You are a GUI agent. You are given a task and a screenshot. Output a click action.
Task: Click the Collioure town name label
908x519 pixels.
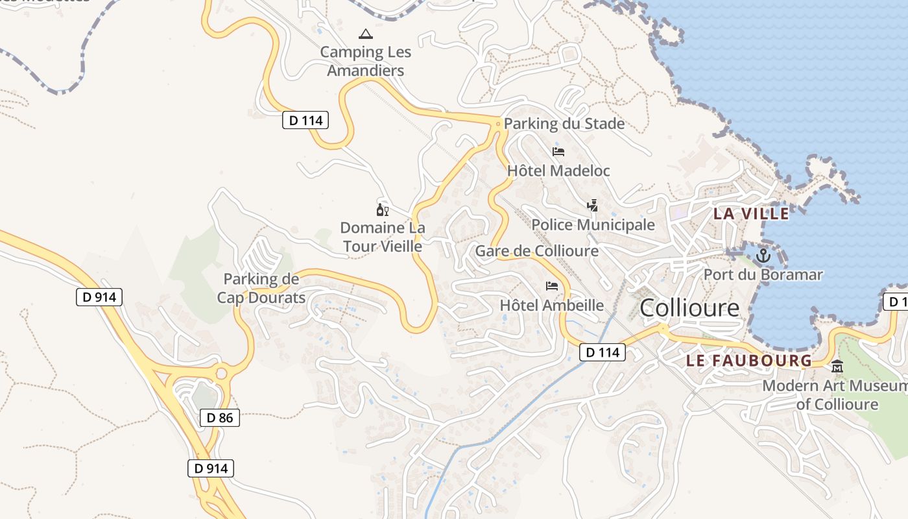(689, 308)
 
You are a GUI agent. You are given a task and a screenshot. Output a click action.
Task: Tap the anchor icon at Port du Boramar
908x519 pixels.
(763, 256)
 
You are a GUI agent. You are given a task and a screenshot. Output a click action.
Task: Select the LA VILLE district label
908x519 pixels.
(751, 213)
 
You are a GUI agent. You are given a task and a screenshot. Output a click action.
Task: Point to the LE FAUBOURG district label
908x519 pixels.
(749, 361)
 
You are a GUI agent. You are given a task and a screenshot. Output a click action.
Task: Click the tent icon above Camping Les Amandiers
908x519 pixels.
(366, 34)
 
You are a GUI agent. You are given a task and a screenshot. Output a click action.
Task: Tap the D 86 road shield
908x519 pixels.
(220, 418)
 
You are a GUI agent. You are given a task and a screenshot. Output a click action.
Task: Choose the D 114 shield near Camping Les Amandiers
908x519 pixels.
(305, 120)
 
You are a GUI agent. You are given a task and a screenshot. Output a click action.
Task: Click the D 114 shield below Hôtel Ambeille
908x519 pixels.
(602, 352)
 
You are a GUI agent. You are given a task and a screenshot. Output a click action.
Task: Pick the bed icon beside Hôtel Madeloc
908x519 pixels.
(558, 152)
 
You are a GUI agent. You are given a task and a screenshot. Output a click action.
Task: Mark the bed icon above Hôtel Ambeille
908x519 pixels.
(552, 285)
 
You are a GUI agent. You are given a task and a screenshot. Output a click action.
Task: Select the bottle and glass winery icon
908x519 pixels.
(383, 210)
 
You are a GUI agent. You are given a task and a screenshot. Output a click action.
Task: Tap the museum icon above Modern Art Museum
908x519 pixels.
(837, 367)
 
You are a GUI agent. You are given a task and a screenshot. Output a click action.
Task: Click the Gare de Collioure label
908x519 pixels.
(537, 250)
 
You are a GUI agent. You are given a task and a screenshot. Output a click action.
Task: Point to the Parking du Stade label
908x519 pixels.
(564, 123)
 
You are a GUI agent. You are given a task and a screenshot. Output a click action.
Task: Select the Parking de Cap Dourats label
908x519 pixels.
(261, 289)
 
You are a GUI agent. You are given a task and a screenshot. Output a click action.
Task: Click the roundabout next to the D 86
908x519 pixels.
(222, 374)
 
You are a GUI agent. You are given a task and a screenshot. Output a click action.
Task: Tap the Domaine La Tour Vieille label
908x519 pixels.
(383, 237)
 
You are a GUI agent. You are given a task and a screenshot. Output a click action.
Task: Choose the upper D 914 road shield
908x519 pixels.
(99, 297)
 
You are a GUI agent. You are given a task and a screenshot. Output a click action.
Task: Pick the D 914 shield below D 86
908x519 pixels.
(211, 468)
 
